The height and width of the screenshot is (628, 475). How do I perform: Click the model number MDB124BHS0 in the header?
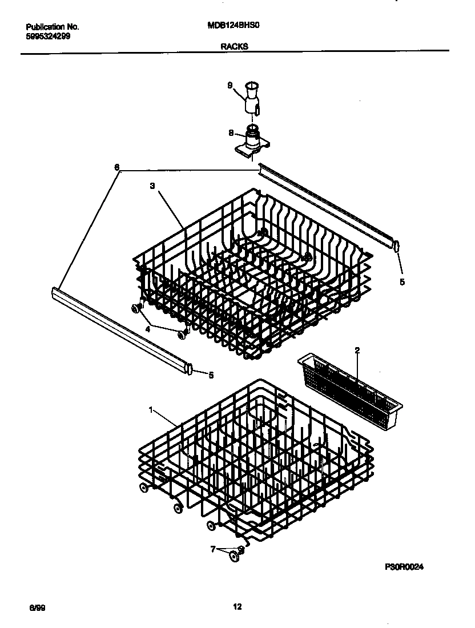coord(237,26)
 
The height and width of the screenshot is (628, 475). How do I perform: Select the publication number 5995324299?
coord(49,36)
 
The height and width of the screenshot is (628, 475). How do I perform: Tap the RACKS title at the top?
coord(235,48)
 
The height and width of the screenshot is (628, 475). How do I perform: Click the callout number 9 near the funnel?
coord(230,86)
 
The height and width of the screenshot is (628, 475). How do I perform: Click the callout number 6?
coord(117,167)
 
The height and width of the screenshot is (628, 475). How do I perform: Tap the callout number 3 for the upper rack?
coord(152,186)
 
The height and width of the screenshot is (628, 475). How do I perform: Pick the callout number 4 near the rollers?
coord(147,329)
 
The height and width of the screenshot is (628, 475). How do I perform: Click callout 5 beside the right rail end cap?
coord(402,281)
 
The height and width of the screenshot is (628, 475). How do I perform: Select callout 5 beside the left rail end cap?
coord(211,375)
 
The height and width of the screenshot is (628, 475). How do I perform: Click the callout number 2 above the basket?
coord(357,351)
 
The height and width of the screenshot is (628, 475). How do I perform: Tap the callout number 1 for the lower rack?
coord(151,410)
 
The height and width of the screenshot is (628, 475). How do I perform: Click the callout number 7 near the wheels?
coord(213,549)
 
